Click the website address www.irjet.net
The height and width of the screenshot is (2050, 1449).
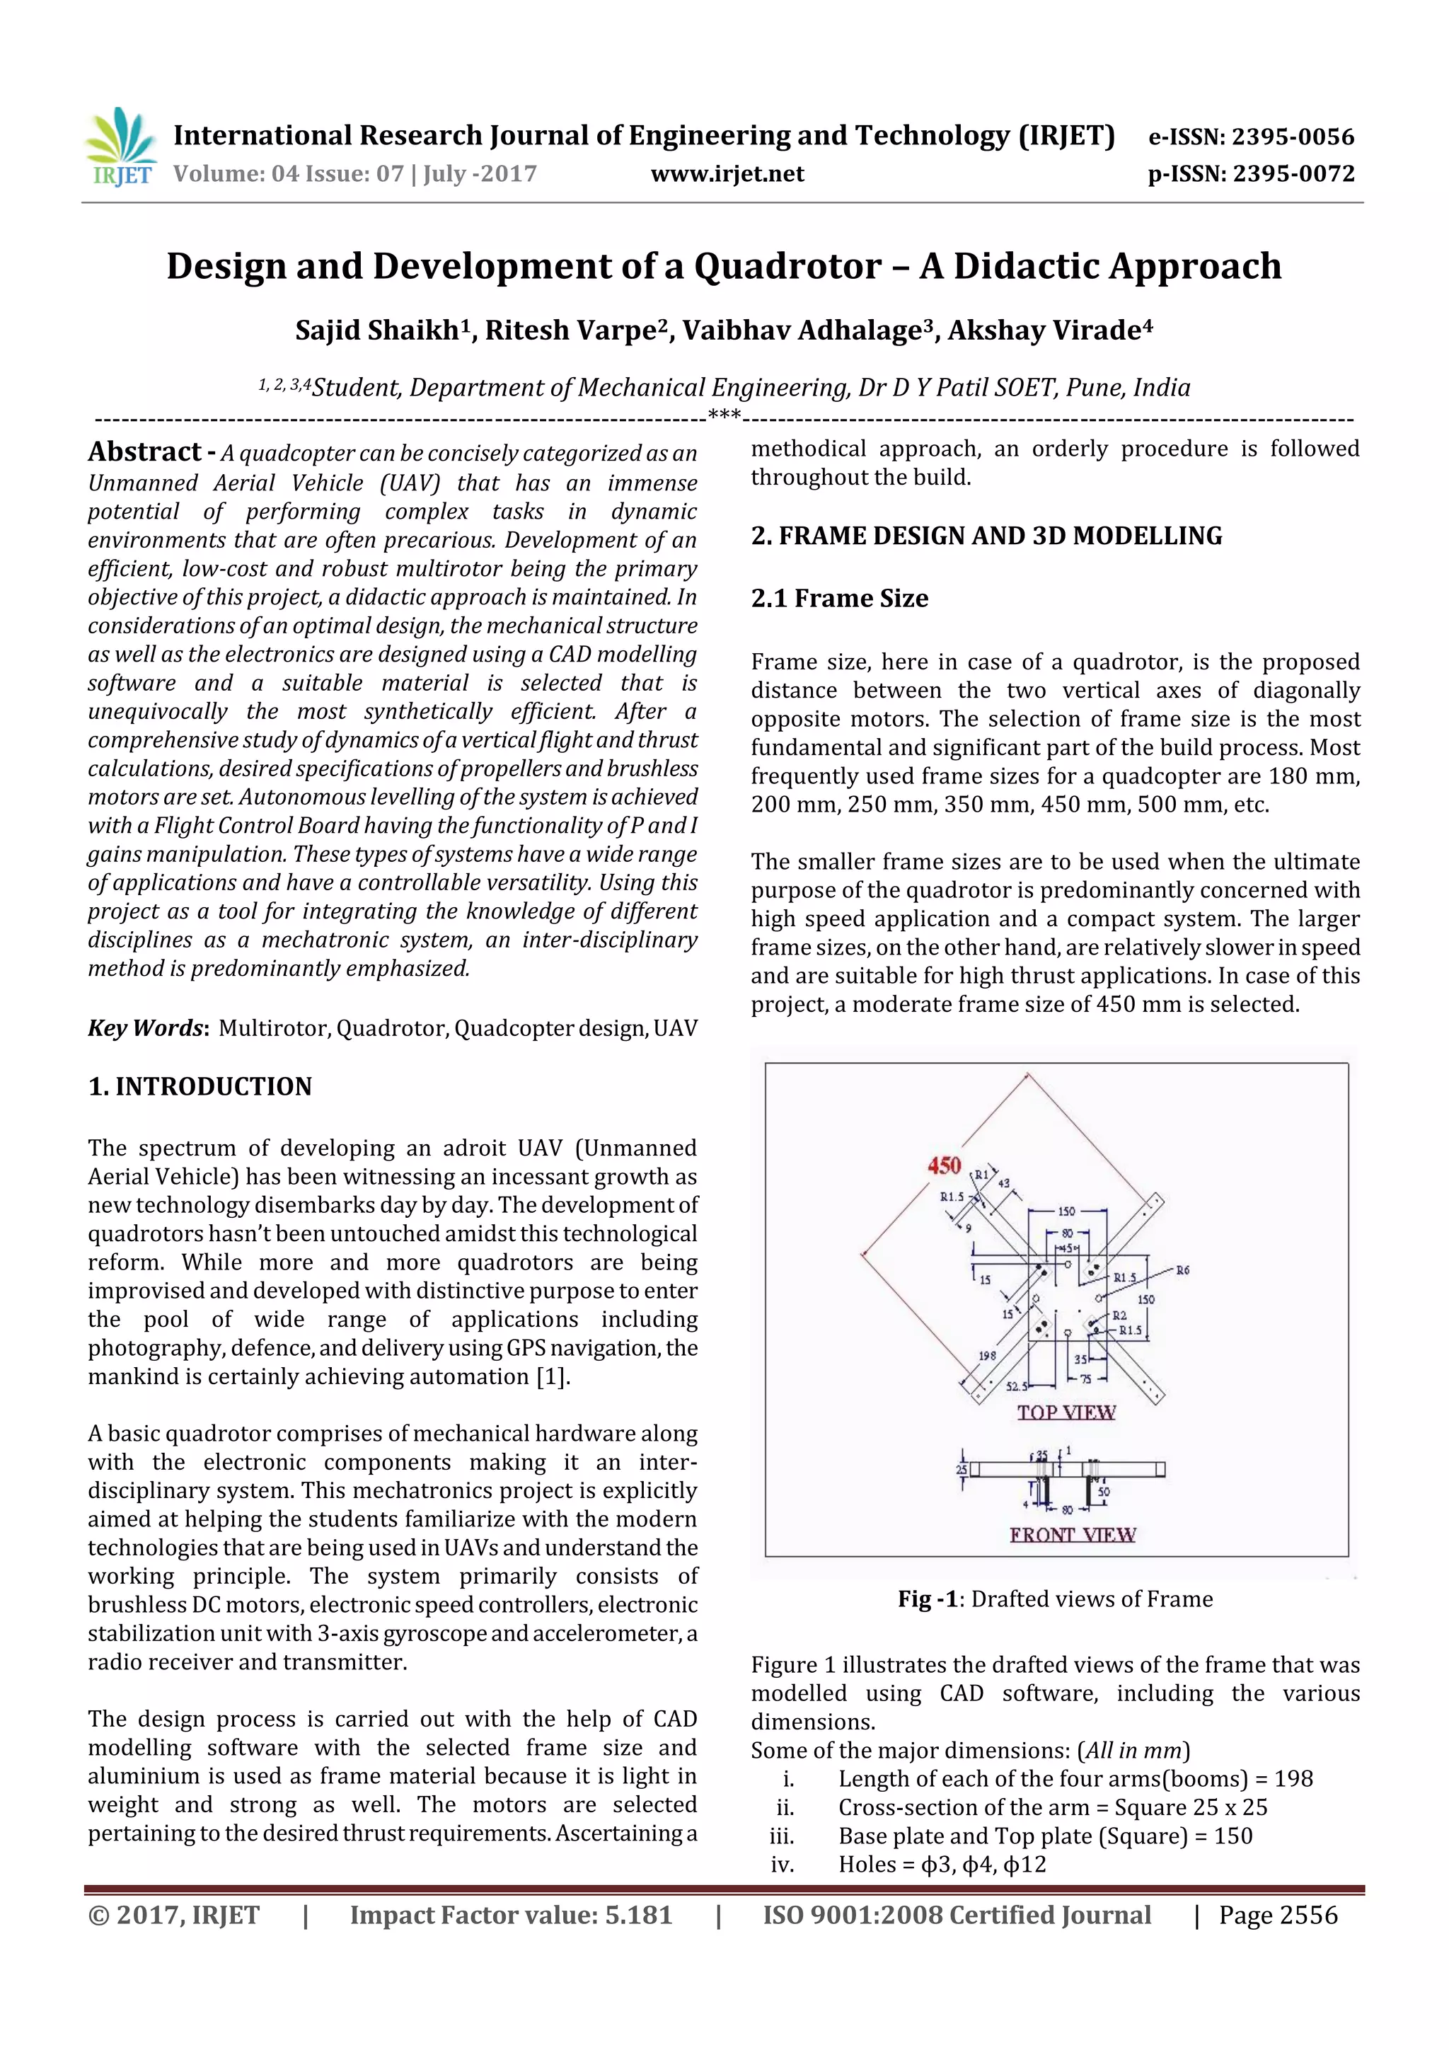coord(727,174)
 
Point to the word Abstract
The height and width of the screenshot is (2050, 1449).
coord(144,451)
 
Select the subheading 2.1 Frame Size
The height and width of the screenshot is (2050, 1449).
coord(839,598)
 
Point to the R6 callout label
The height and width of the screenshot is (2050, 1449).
coord(1182,1269)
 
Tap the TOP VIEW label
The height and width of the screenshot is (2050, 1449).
coord(1066,1412)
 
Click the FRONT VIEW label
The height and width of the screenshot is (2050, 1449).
coord(1071,1534)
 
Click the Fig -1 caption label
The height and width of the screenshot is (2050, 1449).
coord(928,1599)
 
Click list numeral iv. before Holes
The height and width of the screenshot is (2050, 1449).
coord(782,1865)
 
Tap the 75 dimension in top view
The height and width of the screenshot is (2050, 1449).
coord(1085,1378)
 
